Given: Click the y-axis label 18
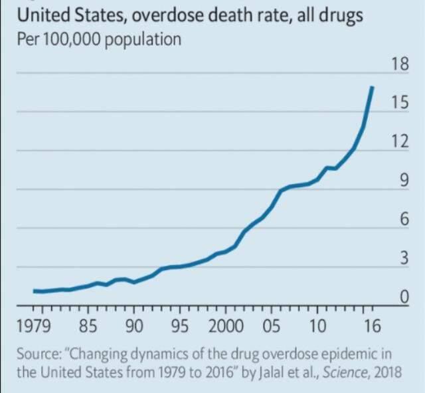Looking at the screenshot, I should pyautogui.click(x=399, y=64).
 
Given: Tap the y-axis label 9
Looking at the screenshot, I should pyautogui.click(x=403, y=181).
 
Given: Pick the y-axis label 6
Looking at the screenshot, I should pyautogui.click(x=403, y=220).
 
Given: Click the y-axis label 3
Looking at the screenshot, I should pyautogui.click(x=403, y=258).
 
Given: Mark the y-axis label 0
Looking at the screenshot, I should pyautogui.click(x=403, y=297).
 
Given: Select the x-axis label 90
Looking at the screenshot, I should pyautogui.click(x=135, y=326).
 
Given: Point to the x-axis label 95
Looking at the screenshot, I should pyautogui.click(x=181, y=326).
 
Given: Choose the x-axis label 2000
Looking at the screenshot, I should pyautogui.click(x=226, y=326).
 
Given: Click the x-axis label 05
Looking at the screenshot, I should pyautogui.click(x=272, y=326).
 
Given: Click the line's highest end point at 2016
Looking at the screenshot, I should pyautogui.click(x=373, y=87).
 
